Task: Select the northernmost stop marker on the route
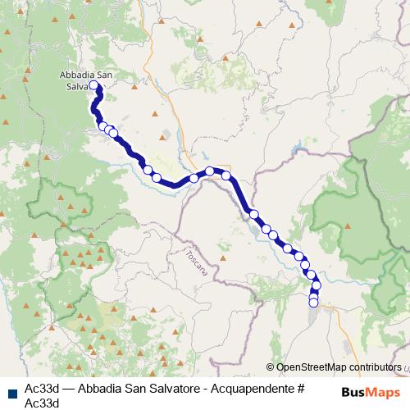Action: [x=93, y=86]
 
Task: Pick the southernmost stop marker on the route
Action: [x=313, y=303]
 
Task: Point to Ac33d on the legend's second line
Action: [x=41, y=402]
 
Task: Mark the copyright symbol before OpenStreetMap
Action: [x=271, y=368]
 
